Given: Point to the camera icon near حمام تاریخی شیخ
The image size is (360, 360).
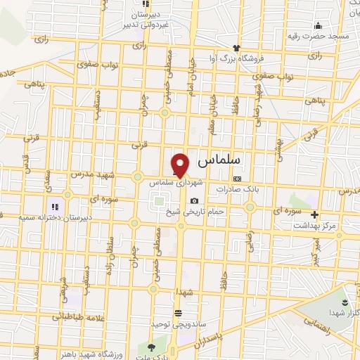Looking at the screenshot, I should (195, 201).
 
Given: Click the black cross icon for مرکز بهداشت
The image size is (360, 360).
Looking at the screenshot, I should (314, 215).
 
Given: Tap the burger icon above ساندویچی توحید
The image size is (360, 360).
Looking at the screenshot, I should (177, 311).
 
